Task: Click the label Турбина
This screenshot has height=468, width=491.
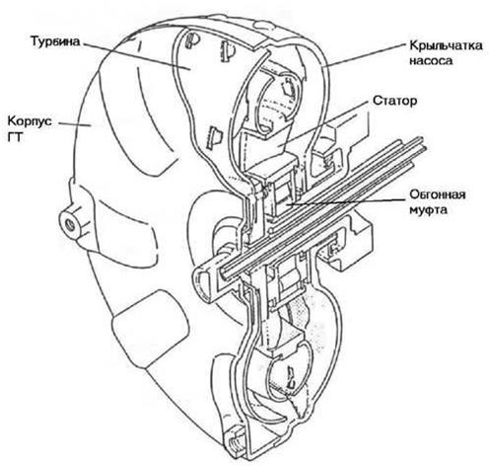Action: (x=55, y=41)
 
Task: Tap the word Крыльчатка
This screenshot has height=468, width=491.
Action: (x=446, y=45)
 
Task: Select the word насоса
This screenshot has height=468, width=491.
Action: (x=431, y=60)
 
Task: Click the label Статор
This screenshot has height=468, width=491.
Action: (x=394, y=101)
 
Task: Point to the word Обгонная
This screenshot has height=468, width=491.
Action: (x=437, y=195)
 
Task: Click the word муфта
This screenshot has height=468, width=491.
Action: (x=428, y=209)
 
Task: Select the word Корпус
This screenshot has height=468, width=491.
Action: (x=30, y=121)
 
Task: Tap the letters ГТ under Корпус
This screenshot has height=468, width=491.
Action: (x=15, y=137)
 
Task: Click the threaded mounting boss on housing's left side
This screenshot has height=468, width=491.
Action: (x=71, y=225)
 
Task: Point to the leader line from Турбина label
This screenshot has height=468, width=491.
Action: (x=135, y=56)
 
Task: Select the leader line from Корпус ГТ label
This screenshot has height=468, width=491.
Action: (x=75, y=124)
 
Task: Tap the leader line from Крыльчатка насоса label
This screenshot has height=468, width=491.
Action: (x=364, y=55)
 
